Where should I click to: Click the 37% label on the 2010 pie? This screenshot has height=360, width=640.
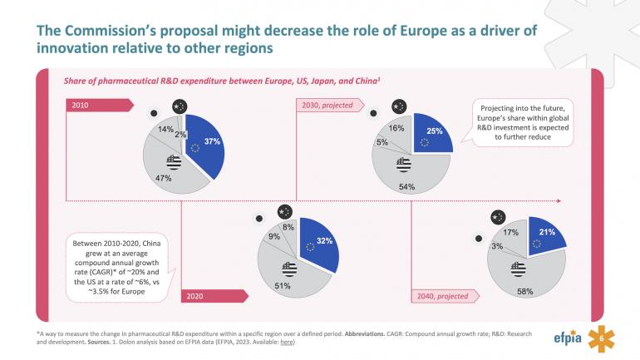[x=211, y=142]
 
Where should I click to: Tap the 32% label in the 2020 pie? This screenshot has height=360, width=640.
[x=325, y=240]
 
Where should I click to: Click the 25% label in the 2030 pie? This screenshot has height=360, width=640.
[x=434, y=131]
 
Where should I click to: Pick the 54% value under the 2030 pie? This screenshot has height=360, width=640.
[x=406, y=186]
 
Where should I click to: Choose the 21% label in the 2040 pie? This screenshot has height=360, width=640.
[x=547, y=232]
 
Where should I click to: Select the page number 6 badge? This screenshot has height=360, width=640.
[x=602, y=338]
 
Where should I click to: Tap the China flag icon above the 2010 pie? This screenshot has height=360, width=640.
[x=180, y=106]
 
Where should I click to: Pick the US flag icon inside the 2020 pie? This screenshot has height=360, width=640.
[x=289, y=268]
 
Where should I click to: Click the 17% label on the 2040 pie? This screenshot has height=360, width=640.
[x=512, y=233]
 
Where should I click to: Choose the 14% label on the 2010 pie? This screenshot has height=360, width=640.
[x=165, y=129]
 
